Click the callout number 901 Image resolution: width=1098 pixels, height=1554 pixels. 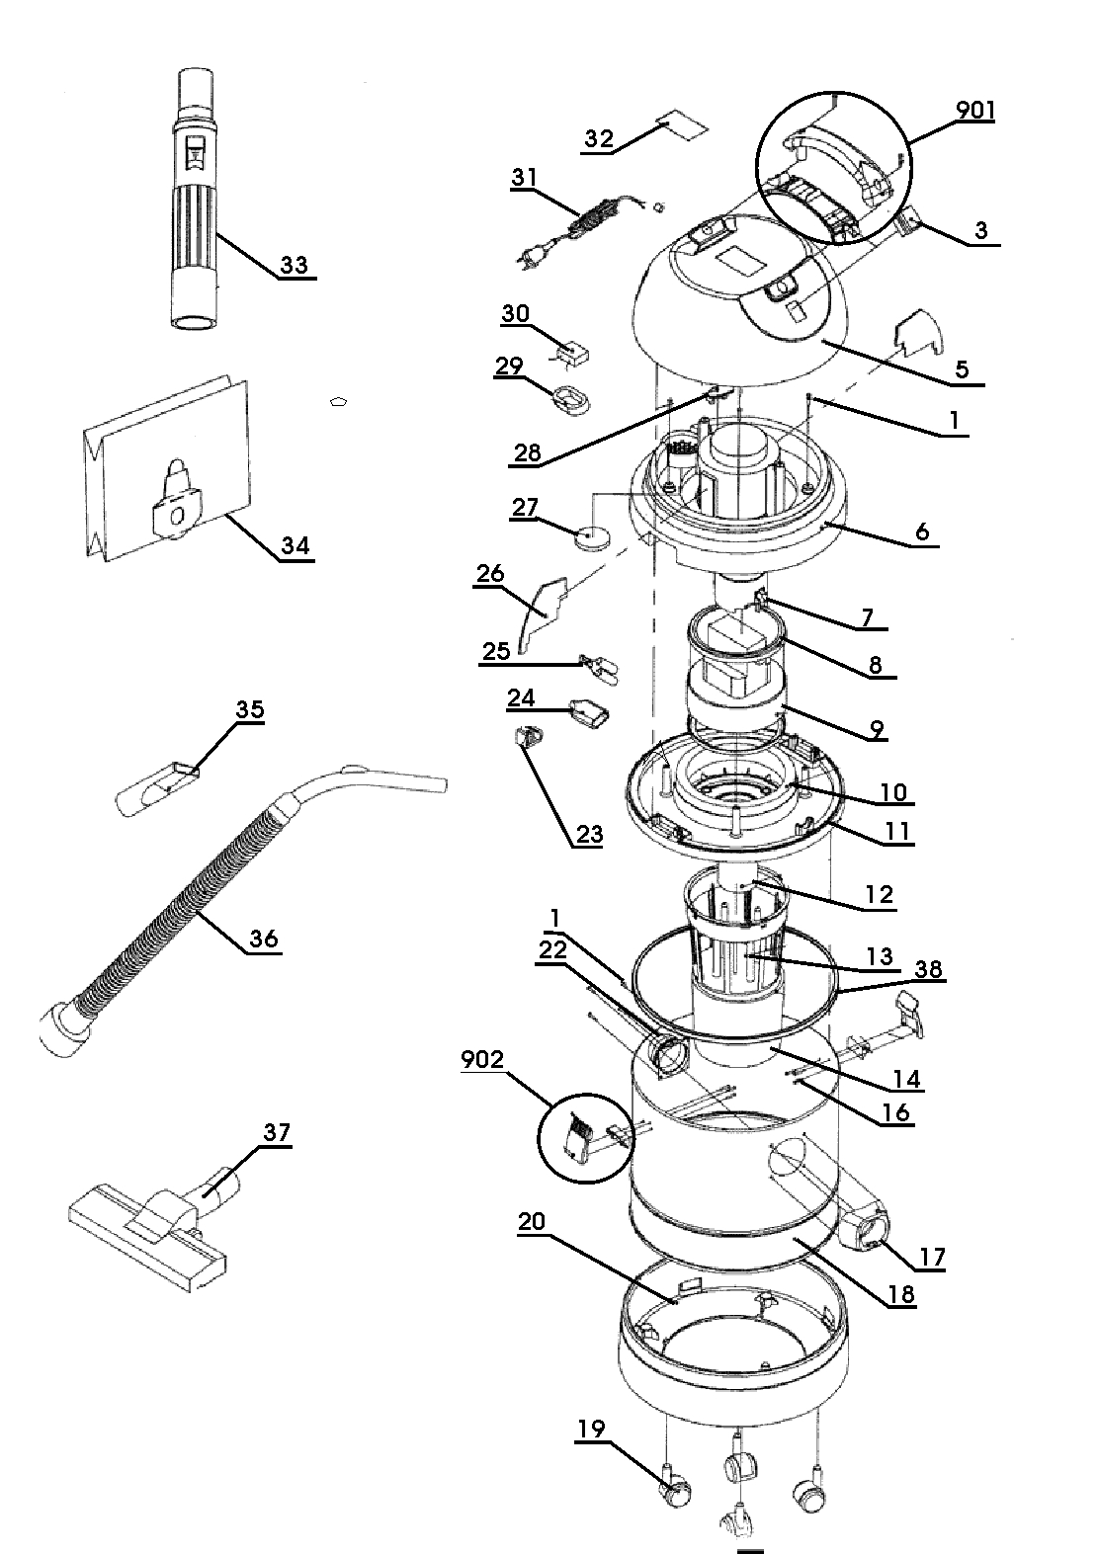[974, 110]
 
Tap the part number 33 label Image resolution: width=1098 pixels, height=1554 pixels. [294, 265]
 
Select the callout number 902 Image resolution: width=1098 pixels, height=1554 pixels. [482, 1060]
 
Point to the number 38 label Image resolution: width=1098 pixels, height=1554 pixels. [928, 970]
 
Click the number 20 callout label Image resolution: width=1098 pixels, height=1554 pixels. [532, 1222]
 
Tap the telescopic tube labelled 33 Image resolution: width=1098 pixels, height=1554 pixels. [196, 203]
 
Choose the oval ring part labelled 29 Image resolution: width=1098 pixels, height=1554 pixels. [570, 399]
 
